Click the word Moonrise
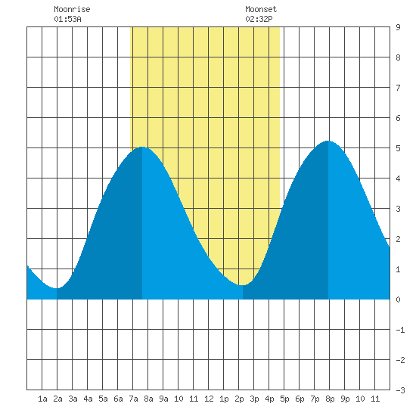(x=72, y=9)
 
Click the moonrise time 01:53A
(x=67, y=19)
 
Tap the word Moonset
(x=261, y=9)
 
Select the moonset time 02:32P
(x=259, y=19)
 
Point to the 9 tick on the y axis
(x=398, y=27)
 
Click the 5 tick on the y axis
(x=398, y=148)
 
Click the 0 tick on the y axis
(x=398, y=300)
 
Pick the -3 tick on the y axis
(x=400, y=390)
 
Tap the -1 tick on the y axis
(x=400, y=330)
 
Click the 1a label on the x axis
(x=42, y=399)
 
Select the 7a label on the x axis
(x=133, y=399)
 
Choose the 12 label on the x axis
(x=209, y=399)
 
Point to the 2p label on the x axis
(x=239, y=399)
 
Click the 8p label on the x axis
(x=330, y=399)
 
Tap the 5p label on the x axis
(x=284, y=399)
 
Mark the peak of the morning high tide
(x=142, y=147)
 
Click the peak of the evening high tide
(x=328, y=141)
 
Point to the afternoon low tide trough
(x=243, y=285)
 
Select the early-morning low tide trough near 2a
(x=57, y=288)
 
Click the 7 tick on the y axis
(x=398, y=88)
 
